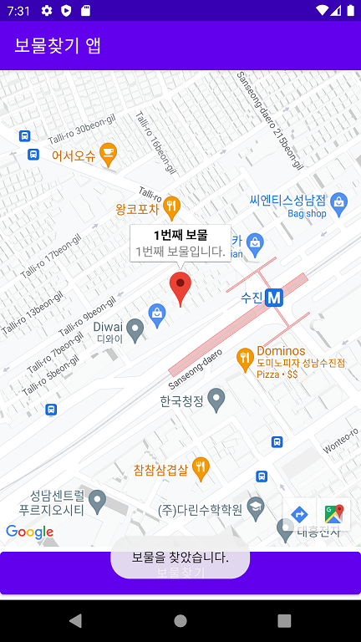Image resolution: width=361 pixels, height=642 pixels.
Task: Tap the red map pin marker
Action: [x=180, y=287]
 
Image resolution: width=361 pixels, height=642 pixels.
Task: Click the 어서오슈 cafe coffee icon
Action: [x=108, y=152]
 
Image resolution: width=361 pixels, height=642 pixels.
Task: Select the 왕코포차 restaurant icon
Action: [x=171, y=206]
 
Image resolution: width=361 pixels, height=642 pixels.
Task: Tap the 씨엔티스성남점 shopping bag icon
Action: [x=338, y=201]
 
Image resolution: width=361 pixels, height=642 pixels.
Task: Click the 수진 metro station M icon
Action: [x=274, y=298]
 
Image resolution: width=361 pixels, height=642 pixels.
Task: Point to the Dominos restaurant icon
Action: [x=245, y=358]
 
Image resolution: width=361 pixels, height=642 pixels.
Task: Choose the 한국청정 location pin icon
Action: [x=216, y=400]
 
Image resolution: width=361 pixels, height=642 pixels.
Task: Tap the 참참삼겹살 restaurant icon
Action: [x=201, y=468]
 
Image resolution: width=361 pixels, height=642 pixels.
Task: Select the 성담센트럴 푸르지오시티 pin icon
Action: [x=98, y=501]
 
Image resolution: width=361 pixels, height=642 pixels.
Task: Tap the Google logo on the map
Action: [x=29, y=532]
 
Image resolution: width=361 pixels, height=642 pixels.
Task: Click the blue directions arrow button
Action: [x=299, y=514]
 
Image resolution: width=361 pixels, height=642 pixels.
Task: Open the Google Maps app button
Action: [x=333, y=514]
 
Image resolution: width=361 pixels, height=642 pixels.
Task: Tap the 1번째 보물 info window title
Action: [x=180, y=235]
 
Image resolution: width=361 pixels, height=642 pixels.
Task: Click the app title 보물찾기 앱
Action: [x=58, y=45]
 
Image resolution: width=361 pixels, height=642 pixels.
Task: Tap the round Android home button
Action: [x=180, y=620]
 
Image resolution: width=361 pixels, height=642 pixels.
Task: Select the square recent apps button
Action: [x=284, y=620]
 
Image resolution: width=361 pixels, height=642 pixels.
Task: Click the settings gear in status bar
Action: [x=46, y=11]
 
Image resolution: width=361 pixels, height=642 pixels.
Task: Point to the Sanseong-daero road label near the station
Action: [x=196, y=368]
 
